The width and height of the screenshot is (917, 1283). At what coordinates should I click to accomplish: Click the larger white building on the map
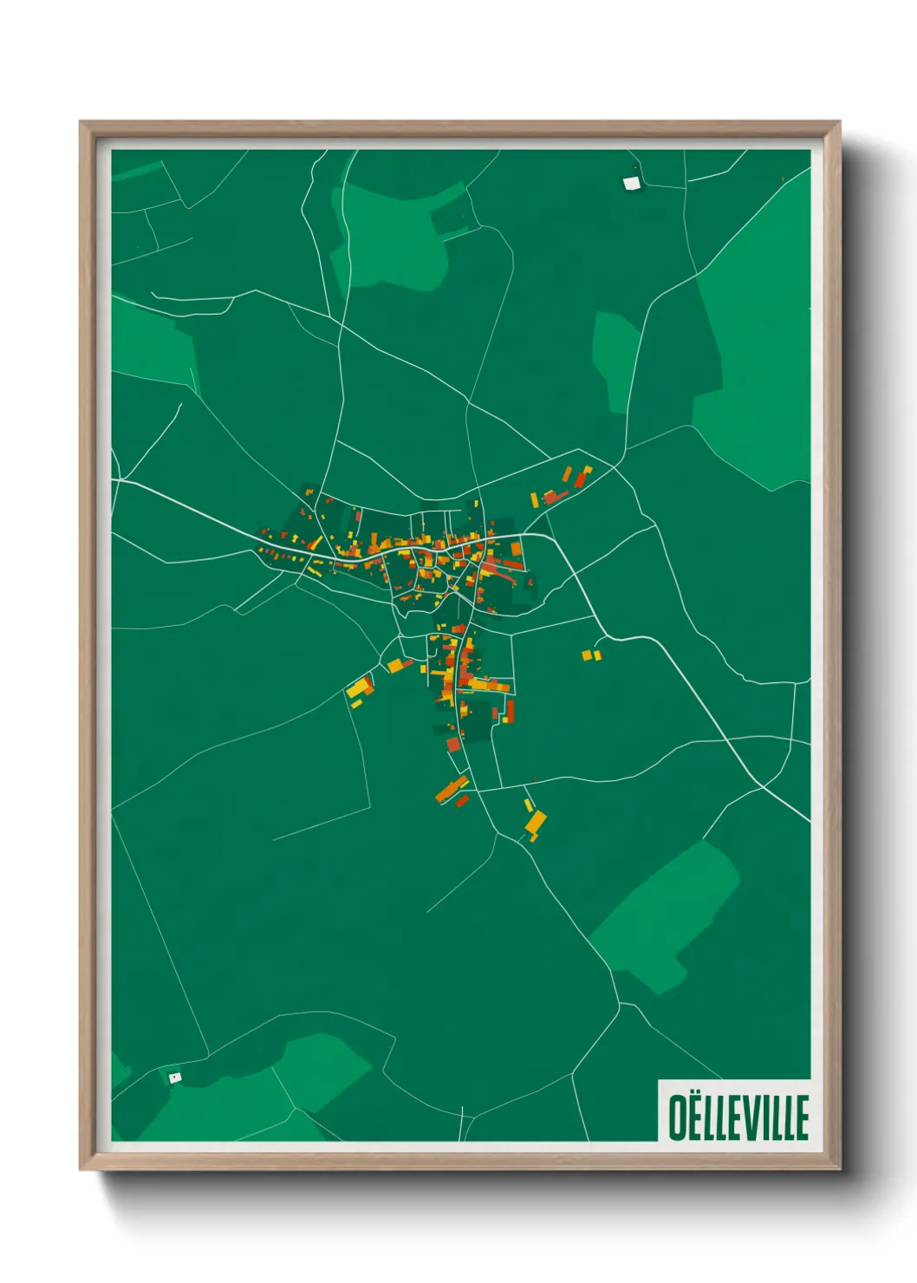(632, 183)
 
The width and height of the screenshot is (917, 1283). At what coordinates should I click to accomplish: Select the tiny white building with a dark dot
(175, 1078)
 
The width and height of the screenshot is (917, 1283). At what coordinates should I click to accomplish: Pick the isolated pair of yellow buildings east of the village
(591, 655)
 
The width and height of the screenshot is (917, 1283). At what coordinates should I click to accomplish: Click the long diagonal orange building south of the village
(451, 789)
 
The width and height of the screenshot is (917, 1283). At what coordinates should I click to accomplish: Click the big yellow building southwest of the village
(358, 688)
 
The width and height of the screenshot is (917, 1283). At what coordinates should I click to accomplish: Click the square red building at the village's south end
(452, 744)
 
